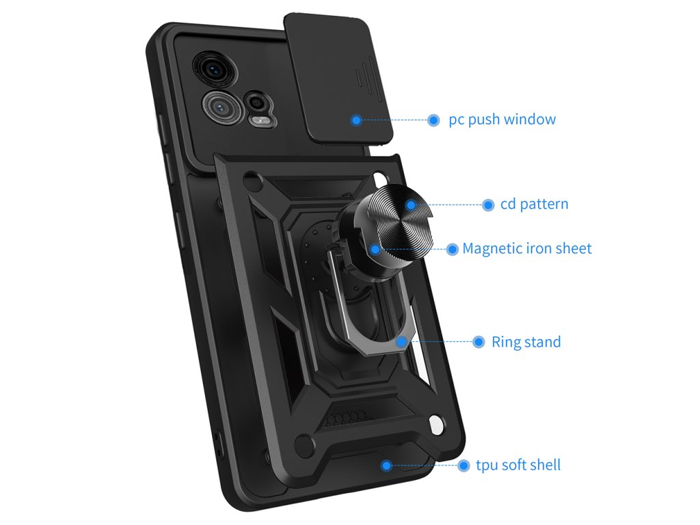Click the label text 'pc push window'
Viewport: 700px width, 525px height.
click(502, 120)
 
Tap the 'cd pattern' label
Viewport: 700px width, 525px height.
click(534, 204)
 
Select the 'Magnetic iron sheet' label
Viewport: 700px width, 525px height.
click(527, 248)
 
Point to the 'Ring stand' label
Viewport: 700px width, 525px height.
click(526, 342)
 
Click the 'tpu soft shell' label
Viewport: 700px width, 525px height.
click(518, 466)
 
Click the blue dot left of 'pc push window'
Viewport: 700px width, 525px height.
click(433, 120)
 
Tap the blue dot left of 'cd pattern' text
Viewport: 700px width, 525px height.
click(488, 204)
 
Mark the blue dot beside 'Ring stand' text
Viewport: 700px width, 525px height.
click(479, 342)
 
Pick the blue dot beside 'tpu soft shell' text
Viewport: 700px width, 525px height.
click(465, 466)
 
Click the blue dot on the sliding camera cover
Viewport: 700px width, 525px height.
click(356, 120)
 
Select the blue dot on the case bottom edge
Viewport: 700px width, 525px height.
click(386, 466)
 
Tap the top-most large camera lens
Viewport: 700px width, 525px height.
click(211, 68)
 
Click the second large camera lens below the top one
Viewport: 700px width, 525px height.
click(221, 105)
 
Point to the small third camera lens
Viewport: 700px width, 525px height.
click(257, 102)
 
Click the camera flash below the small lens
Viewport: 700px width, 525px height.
click(260, 121)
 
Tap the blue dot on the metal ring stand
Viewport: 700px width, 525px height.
click(399, 340)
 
